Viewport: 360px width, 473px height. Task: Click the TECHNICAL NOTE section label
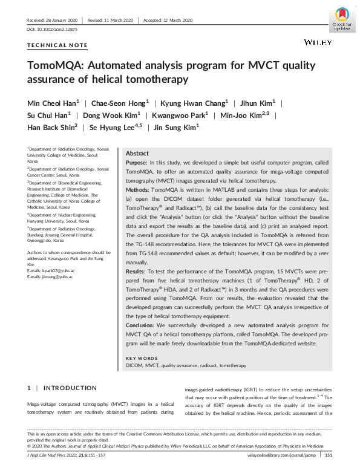point(57,45)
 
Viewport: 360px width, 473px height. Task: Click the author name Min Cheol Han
point(51,103)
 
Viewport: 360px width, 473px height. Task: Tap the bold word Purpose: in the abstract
point(137,163)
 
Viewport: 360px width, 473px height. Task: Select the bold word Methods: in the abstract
point(138,189)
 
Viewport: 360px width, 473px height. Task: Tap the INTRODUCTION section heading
point(70,388)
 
